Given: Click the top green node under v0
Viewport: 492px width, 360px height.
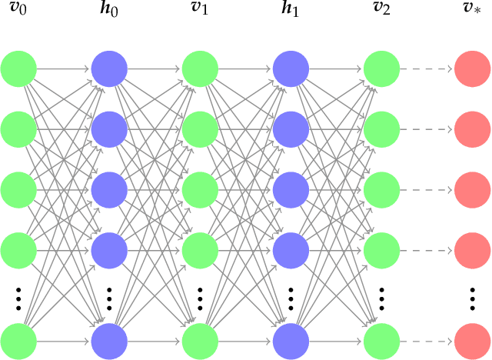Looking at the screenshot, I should (18, 69).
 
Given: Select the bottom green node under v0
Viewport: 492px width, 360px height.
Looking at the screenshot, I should (18, 342).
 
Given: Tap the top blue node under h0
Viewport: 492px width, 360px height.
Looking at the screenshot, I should (109, 69).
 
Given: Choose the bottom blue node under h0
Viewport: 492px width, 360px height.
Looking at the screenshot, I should (109, 342).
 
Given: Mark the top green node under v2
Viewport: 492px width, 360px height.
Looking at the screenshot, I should (381, 69).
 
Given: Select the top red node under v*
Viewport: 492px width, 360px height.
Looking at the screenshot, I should (472, 69).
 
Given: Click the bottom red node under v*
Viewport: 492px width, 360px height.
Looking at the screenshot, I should (472, 342).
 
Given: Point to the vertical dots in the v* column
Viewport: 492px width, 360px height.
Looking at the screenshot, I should (472, 296).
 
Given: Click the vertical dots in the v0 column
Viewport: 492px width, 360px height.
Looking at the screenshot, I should (18, 296).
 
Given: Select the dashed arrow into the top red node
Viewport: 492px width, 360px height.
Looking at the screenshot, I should (427, 69).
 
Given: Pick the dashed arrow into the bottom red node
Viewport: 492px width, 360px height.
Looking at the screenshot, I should (427, 342).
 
